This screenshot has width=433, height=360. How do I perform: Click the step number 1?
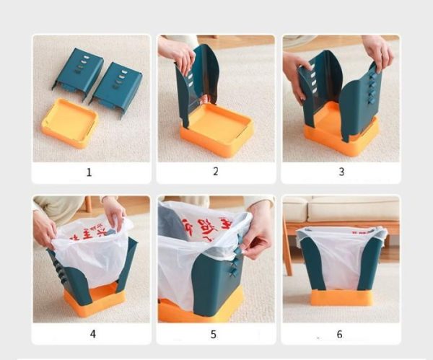(89, 172)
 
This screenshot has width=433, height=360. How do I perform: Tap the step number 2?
(215, 172)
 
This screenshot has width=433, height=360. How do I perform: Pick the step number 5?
(215, 333)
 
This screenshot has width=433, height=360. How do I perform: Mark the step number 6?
(339, 334)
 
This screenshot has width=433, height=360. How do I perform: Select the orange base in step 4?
(94, 299)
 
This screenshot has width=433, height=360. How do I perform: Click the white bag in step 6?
(340, 256)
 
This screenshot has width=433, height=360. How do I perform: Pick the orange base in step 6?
(341, 297)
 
